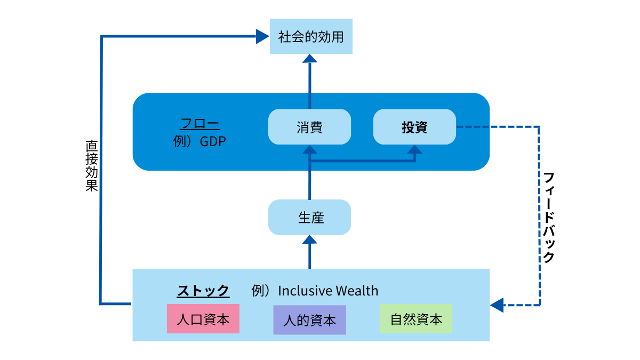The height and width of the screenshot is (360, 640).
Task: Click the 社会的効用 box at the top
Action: pos(311,37)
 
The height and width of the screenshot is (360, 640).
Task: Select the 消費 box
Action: pos(309,127)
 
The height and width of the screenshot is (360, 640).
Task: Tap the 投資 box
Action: pos(414,127)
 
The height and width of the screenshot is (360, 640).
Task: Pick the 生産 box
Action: pos(309,218)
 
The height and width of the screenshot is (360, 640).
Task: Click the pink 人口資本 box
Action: pos(203,319)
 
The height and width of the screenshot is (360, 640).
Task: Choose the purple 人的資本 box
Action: pos(309,320)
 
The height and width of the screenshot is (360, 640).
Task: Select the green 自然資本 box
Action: pos(415,319)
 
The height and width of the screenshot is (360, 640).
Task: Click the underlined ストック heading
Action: pos(203,291)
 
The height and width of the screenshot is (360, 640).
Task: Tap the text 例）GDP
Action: pos(200,142)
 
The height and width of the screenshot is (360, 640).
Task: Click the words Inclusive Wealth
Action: pos(328,291)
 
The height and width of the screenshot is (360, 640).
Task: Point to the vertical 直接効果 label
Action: pos(91,165)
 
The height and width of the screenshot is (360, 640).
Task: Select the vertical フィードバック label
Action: pos(549,217)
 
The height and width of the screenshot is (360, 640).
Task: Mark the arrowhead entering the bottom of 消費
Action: pos(309,150)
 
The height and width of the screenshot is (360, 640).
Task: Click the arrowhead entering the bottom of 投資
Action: pos(414,150)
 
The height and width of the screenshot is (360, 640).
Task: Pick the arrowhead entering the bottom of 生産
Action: pos(309,241)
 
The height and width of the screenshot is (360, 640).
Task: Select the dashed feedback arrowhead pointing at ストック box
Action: pos(497,305)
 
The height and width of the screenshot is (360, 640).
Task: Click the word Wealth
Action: pos(357,291)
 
